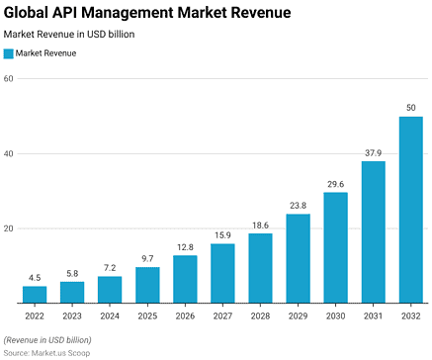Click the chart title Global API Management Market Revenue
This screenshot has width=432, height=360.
(147, 13)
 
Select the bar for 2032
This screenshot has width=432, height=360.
(410, 210)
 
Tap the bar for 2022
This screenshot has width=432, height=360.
(35, 295)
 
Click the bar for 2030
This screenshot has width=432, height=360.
(335, 247)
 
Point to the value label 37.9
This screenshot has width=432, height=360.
(373, 152)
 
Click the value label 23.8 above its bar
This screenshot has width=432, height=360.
(298, 206)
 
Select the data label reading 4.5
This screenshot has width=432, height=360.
(35, 278)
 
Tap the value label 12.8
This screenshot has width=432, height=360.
(185, 247)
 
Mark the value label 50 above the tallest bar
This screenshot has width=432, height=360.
(410, 107)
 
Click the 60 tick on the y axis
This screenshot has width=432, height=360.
(8, 79)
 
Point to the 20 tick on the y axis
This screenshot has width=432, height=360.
(8, 228)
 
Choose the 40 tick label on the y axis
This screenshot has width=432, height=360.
(8, 154)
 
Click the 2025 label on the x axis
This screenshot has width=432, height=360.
(147, 316)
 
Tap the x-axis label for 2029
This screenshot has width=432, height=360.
(298, 316)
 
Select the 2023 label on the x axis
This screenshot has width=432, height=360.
(72, 316)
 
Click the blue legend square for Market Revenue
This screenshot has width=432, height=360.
(9, 53)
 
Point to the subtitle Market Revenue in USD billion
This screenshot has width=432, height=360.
(69, 34)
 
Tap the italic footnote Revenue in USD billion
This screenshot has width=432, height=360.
(49, 339)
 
